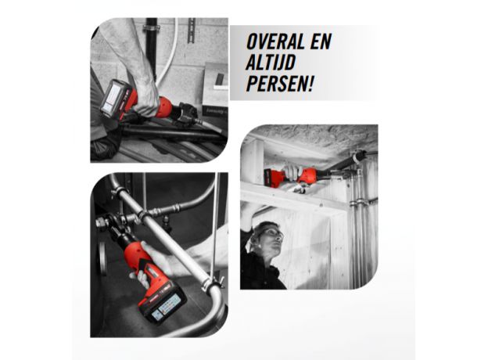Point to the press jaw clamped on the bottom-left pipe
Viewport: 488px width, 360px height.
tap(109, 227)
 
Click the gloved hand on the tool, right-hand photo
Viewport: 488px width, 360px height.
tap(292, 170)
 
